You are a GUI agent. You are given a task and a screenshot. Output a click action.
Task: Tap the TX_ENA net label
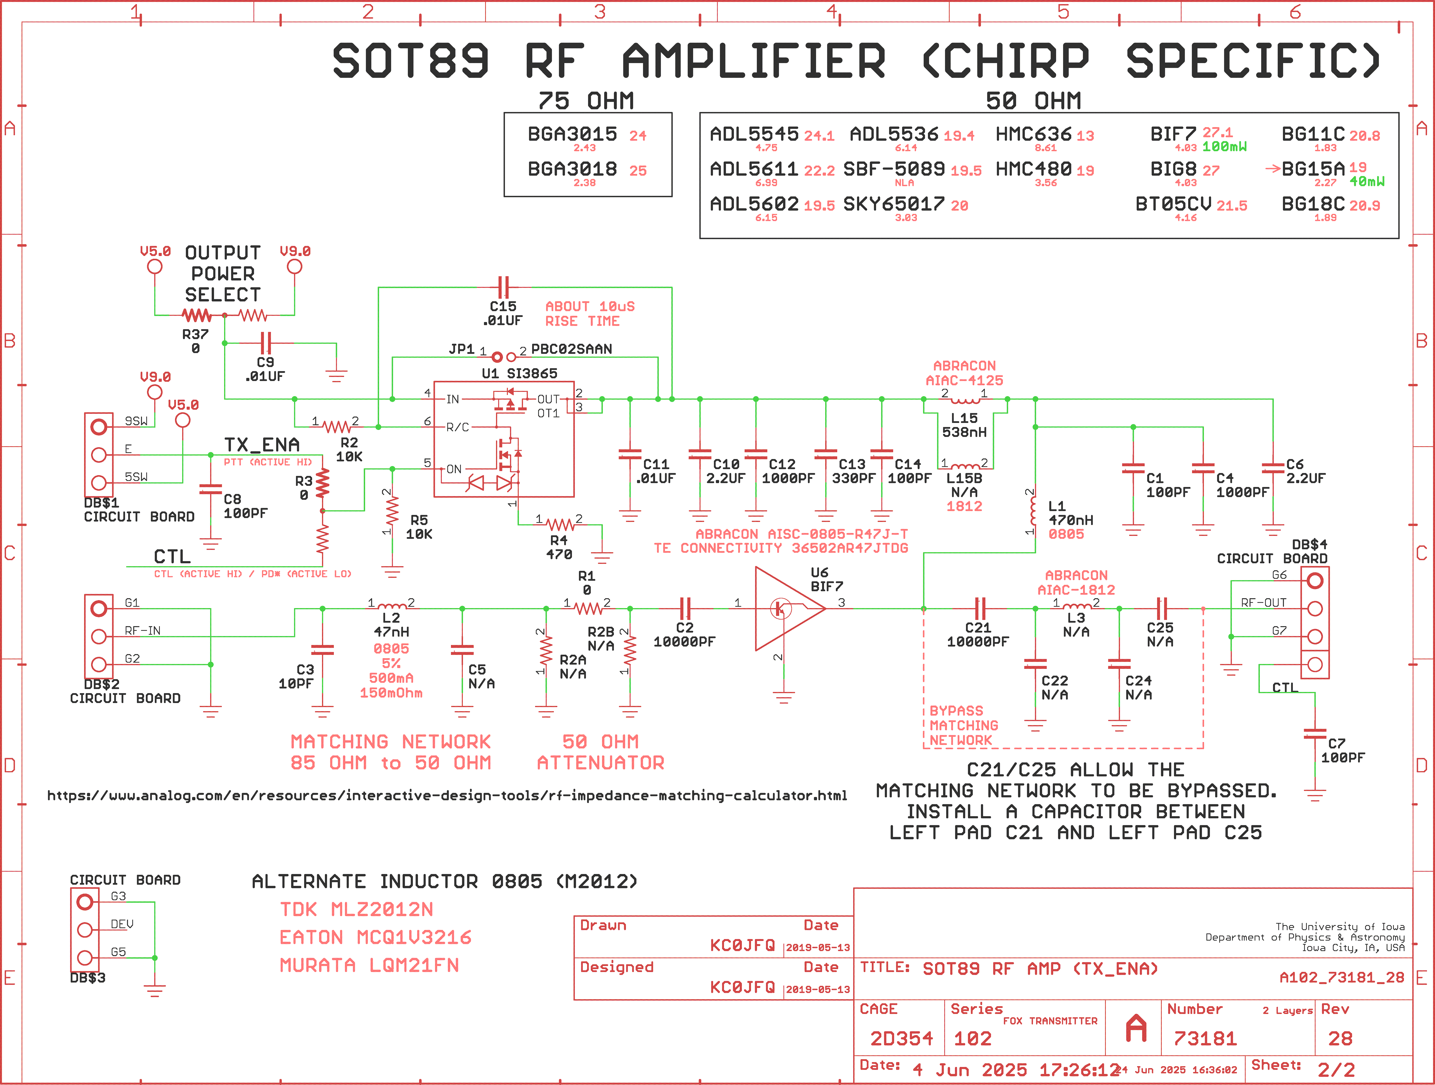262,445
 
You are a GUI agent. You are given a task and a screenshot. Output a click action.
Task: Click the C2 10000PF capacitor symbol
685,608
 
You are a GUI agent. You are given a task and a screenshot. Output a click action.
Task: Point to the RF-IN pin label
143,630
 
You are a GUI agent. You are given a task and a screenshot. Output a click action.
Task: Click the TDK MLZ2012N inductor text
356,909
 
